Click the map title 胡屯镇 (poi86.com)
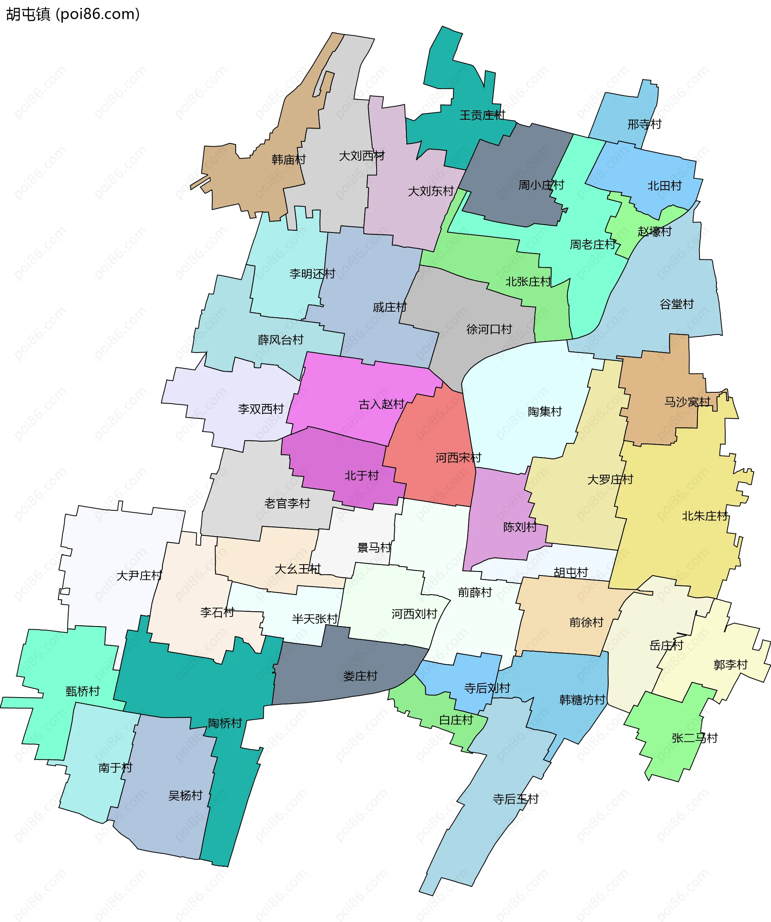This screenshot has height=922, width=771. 73,14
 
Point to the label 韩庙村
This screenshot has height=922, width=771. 288,159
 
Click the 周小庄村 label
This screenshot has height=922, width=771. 541,185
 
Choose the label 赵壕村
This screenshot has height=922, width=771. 654,231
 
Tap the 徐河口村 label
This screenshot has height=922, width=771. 489,329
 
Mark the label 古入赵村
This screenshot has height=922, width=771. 381,404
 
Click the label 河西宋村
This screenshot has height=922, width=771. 459,457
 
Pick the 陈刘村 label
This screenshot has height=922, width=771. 520,527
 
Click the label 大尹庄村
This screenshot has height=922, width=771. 139,575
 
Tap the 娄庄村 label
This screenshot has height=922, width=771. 360,676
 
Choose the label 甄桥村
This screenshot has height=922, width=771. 83,691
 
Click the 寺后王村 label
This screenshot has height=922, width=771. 516,799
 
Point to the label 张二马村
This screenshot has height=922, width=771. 695,738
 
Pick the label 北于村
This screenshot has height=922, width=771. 361,475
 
